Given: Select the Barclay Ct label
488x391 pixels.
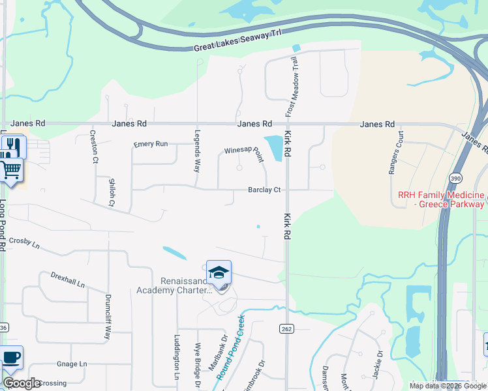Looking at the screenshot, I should point(264,190).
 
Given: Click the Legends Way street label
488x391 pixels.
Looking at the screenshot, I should point(197,151).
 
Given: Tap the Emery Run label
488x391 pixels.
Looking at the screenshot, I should point(150,144).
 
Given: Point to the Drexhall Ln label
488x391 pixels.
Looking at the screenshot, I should point(68,280).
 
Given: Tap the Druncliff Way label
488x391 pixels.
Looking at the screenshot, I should point(108,317).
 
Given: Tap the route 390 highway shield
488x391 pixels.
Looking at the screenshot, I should point(455,178).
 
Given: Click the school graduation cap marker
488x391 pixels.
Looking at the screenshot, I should point(219,272).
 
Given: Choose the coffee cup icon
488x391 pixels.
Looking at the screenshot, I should point(12,358).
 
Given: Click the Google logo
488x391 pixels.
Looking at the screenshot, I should point(22,383).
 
